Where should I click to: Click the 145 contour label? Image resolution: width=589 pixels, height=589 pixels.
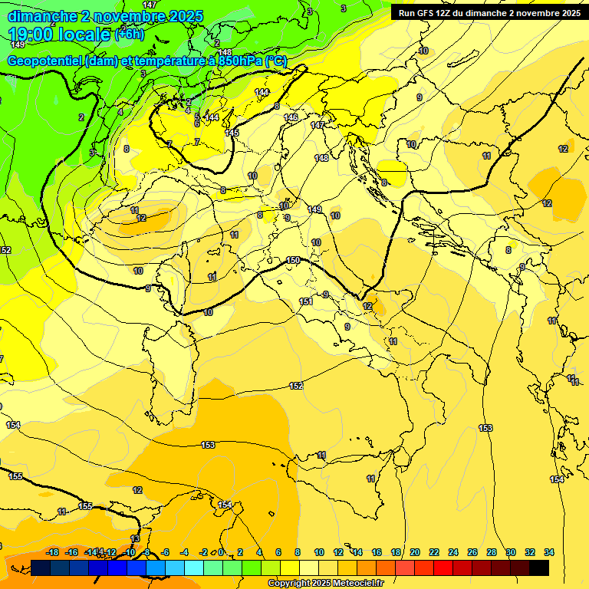pos(232,133)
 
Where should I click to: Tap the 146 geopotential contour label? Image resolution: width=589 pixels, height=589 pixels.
pos(291,117)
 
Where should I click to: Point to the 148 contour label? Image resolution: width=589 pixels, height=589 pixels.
pos(321,158)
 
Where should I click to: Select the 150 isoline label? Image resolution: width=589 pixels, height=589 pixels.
pos(293,261)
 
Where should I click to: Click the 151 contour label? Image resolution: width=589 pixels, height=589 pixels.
pos(306,301)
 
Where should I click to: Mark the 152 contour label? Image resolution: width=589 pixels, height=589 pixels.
pos(296,386)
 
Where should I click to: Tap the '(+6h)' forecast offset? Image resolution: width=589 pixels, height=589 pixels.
pos(129,35)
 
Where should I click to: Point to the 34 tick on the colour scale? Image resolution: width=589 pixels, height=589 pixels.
pos(549,552)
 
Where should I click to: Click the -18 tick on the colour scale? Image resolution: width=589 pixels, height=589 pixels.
pos(53,552)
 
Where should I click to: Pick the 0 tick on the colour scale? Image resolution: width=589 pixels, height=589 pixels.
pos(221,552)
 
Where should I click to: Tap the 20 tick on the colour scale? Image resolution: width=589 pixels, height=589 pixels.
pos(415,552)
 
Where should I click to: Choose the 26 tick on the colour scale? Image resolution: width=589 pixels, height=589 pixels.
pos(472,552)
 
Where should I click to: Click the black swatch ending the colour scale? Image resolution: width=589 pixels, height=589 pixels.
pos(538,568)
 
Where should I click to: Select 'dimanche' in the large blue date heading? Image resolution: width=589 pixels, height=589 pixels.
pos(42,16)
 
